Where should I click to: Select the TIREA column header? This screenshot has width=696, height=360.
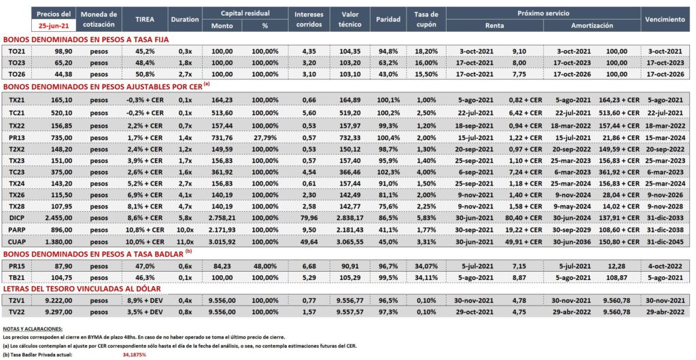tap(142, 19)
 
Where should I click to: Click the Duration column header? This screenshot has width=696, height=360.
tap(184, 19)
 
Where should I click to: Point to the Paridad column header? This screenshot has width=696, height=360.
tap(388, 19)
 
